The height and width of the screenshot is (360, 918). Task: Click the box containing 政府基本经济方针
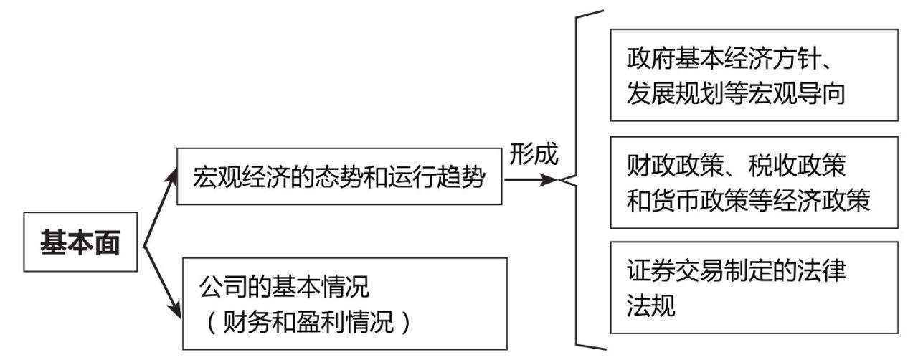pyautogui.click(x=753, y=75)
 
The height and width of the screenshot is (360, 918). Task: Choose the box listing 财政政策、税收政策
pyautogui.click(x=753, y=183)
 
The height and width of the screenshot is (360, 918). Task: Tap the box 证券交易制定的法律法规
pyautogui.click(x=753, y=288)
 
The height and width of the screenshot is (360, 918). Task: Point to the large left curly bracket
pyautogui.click(x=584, y=179)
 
